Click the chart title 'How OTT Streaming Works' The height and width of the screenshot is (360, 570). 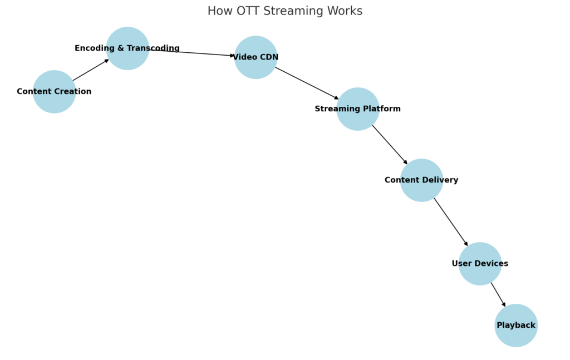(x=284, y=11)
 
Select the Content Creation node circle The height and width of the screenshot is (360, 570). (x=54, y=100)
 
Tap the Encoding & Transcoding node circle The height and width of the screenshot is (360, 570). (x=127, y=39)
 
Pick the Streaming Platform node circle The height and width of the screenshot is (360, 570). (x=358, y=120)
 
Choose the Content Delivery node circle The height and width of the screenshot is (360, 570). (x=421, y=190)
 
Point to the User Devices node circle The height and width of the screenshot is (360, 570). (x=480, y=274)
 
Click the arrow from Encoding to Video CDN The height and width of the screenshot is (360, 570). (x=192, y=53)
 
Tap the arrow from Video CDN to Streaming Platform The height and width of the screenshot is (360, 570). (x=307, y=83)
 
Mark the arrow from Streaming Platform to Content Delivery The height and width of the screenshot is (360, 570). (x=390, y=144)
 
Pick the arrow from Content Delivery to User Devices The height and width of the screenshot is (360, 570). (x=451, y=222)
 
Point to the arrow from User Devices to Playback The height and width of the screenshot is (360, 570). (x=498, y=294)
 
